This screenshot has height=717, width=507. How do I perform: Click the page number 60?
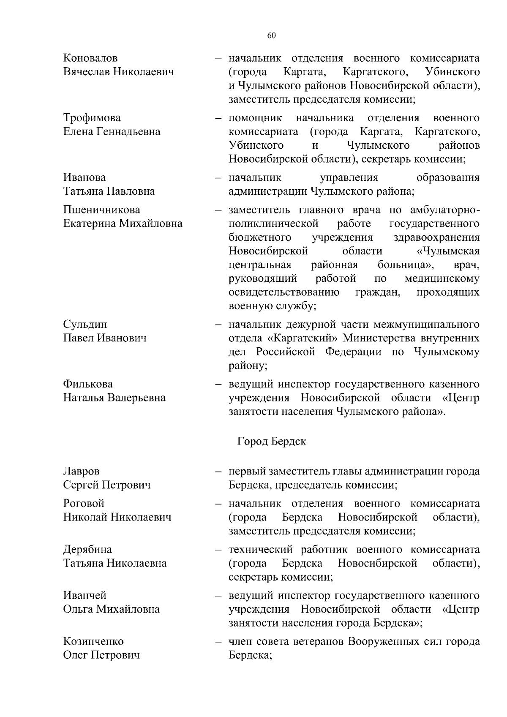click(271, 35)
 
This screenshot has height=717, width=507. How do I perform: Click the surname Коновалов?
click(90, 58)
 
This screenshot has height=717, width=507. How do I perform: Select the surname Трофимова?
click(92, 118)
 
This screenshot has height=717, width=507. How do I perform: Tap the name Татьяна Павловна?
click(109, 191)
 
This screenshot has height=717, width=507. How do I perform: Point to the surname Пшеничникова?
click(102, 210)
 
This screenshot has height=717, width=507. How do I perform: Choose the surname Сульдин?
click(85, 324)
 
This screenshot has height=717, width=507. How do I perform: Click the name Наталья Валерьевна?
click(114, 398)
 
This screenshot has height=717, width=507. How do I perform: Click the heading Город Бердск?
click(272, 442)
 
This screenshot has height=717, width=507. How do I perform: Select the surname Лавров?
click(82, 471)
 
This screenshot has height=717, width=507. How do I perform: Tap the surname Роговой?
click(84, 504)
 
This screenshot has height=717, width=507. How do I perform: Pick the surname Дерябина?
click(87, 550)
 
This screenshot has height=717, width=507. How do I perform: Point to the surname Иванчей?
click(84, 596)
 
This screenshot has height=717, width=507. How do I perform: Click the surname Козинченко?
click(93, 642)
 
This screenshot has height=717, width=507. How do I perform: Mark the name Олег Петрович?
click(101, 655)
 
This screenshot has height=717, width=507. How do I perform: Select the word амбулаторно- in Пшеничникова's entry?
click(444, 210)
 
